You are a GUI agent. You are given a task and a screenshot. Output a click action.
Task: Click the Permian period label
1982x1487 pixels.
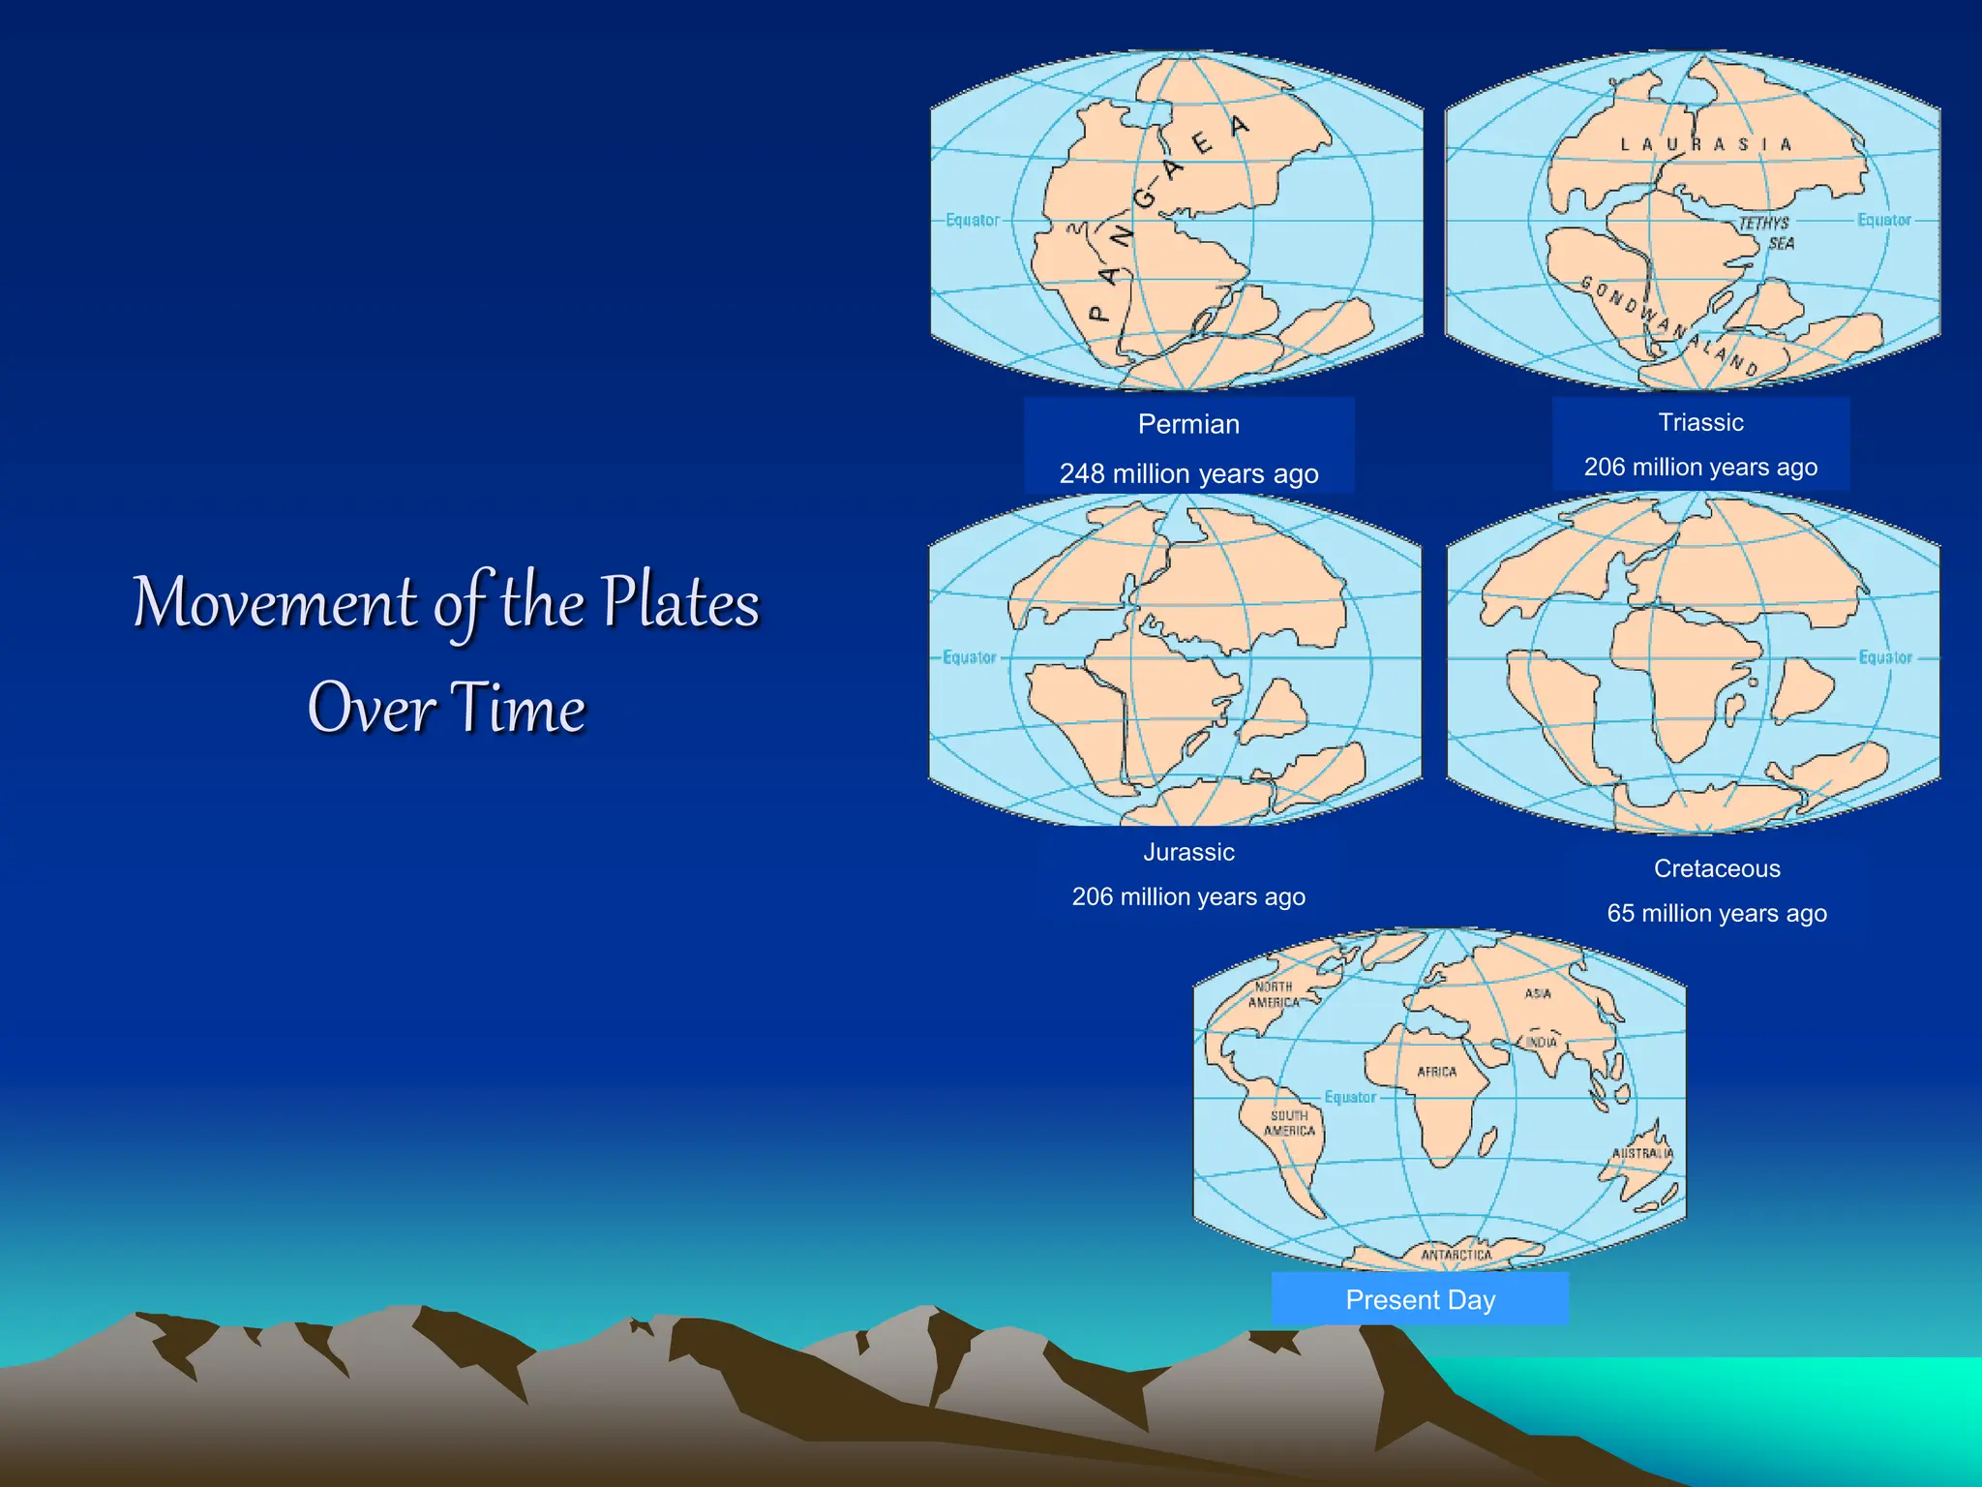[x=1188, y=424]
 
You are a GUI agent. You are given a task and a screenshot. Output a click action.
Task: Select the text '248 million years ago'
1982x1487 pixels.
[x=1188, y=473]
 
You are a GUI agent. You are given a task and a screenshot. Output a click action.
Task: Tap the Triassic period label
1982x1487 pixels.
[x=1700, y=422]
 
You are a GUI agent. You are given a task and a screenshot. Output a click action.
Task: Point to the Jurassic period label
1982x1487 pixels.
[x=1188, y=852]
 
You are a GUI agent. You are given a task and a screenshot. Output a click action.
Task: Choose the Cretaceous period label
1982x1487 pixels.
[x=1717, y=868]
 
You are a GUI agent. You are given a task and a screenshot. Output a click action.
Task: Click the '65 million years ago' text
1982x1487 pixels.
[x=1717, y=913]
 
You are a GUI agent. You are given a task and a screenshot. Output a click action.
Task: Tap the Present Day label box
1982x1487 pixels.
[x=1420, y=1299]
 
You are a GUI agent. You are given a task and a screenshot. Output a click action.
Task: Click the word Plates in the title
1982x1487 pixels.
[x=680, y=602]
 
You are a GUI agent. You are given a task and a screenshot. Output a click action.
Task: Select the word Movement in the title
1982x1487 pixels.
[x=275, y=602]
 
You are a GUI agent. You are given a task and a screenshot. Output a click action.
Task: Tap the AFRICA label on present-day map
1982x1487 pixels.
[x=1436, y=1072]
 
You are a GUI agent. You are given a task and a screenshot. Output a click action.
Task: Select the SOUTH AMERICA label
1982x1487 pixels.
[x=1289, y=1123]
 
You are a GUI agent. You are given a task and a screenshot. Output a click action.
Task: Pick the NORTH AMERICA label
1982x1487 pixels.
[x=1274, y=994]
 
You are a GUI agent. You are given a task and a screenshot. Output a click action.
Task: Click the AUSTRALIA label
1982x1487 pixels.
[x=1641, y=1153]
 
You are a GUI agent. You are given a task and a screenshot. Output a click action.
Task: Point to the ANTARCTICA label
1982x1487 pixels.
[x=1456, y=1255]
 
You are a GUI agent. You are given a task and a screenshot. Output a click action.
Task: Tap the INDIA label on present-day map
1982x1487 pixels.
[x=1542, y=1043]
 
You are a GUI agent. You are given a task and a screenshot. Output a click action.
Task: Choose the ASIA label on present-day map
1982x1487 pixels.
[x=1538, y=993]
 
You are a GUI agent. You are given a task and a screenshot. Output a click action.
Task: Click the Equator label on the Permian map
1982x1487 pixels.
[x=973, y=220]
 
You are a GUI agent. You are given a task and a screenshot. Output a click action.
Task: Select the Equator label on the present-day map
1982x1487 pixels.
[x=1350, y=1097]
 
